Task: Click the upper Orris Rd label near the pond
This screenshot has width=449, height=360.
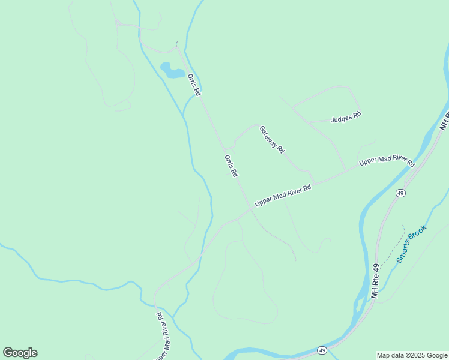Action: (x=193, y=85)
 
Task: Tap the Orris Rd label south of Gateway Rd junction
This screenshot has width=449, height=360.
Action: (x=231, y=166)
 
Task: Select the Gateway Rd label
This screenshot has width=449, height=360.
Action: (x=271, y=139)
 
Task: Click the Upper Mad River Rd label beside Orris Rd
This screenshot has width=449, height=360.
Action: (x=283, y=196)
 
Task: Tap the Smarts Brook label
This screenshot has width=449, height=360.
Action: (x=411, y=244)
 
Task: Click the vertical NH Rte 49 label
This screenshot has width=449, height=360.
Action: (x=376, y=281)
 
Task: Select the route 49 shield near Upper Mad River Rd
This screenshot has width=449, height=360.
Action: (x=400, y=193)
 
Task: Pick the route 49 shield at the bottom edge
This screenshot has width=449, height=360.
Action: (x=322, y=350)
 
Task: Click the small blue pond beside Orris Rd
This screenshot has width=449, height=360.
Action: (x=173, y=71)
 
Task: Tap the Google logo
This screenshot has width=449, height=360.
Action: (x=20, y=353)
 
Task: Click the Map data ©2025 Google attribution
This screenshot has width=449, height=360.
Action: (x=412, y=355)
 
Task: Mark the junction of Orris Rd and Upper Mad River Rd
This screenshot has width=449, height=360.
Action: (x=250, y=209)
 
